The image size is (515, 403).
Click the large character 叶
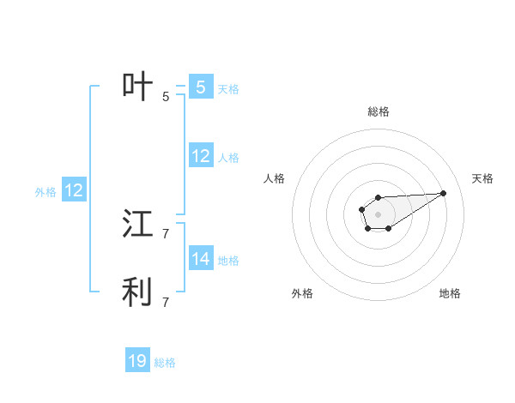[x=138, y=87]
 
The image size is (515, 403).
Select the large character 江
[x=138, y=225]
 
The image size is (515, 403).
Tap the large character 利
[x=138, y=292]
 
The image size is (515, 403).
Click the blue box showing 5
[x=200, y=87]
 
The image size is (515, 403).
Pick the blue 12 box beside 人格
[x=200, y=156]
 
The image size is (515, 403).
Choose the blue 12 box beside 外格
[x=74, y=190]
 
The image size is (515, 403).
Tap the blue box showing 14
[x=200, y=259]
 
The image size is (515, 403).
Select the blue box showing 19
[x=137, y=361]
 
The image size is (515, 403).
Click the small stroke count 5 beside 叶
[x=166, y=97]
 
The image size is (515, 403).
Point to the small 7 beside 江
[x=166, y=233]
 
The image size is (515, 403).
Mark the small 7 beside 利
[x=166, y=302]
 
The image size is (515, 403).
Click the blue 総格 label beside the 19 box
[x=165, y=363]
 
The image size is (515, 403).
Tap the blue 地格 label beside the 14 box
[x=228, y=261]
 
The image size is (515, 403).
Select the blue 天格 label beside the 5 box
[x=228, y=89]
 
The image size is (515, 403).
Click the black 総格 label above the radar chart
[x=378, y=111]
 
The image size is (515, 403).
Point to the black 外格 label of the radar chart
[x=302, y=293]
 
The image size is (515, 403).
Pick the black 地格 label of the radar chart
[x=450, y=293]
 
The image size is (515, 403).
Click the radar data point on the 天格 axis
[x=444, y=193]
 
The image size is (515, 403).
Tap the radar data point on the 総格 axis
[x=378, y=198]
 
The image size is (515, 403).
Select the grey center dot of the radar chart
[x=378, y=214]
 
